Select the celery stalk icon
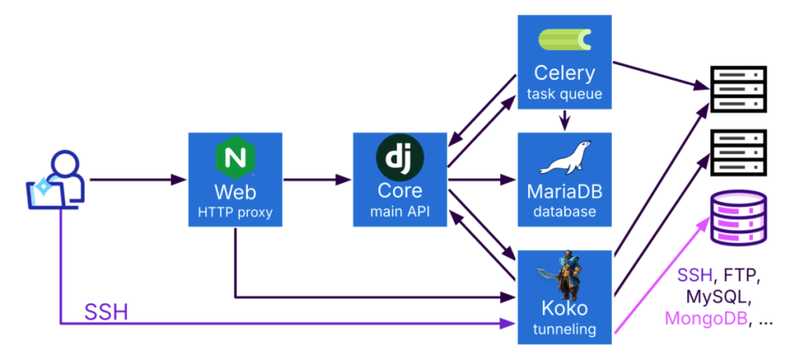click(564, 39)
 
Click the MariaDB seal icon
click(564, 158)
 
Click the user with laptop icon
click(56, 182)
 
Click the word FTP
click(745, 275)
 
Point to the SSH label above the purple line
click(106, 312)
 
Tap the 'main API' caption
click(399, 212)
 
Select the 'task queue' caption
click(564, 96)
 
